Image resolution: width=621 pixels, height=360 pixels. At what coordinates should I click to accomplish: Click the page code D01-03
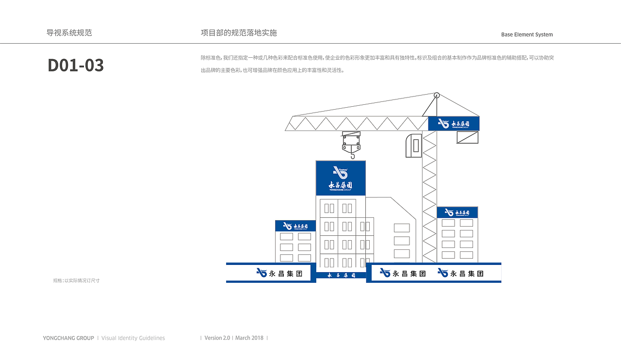pos(76,65)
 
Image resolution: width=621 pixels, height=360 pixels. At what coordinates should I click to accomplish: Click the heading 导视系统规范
pos(69,33)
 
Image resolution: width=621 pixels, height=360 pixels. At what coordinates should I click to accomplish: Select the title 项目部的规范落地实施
pos(239,33)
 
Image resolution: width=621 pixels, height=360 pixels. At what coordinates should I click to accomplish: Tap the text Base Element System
pos(527,34)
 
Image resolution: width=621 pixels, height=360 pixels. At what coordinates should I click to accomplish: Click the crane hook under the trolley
pos(352,154)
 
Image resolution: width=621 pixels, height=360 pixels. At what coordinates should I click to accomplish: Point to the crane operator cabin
pos(413,146)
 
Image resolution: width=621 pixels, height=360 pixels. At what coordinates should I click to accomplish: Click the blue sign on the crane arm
pos(454,124)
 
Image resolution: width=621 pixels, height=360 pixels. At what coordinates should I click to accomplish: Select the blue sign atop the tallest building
pos(341,178)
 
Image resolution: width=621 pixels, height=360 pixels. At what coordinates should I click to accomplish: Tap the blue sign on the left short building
pos(295,226)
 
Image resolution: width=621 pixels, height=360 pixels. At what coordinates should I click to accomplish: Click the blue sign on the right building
pos(457,213)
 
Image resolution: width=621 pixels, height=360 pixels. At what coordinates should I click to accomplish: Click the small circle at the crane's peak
pos(436,96)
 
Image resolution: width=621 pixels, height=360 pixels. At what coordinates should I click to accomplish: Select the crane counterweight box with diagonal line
pos(467,137)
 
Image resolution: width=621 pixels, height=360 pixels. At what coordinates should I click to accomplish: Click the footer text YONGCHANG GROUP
pos(68,338)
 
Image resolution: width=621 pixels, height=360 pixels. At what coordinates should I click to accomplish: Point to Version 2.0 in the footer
pos(217,338)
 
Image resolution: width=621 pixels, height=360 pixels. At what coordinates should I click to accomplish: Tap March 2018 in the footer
pos(249,338)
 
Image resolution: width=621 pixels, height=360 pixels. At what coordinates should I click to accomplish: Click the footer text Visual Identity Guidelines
pos(133,338)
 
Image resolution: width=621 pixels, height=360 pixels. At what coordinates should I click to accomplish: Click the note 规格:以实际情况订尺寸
pos(76,280)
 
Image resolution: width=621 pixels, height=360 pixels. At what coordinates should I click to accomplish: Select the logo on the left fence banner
pos(279,273)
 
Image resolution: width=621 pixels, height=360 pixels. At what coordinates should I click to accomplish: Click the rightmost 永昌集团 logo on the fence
pos(460,273)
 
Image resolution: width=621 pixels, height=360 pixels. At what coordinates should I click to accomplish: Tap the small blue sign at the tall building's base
pos(341,275)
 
